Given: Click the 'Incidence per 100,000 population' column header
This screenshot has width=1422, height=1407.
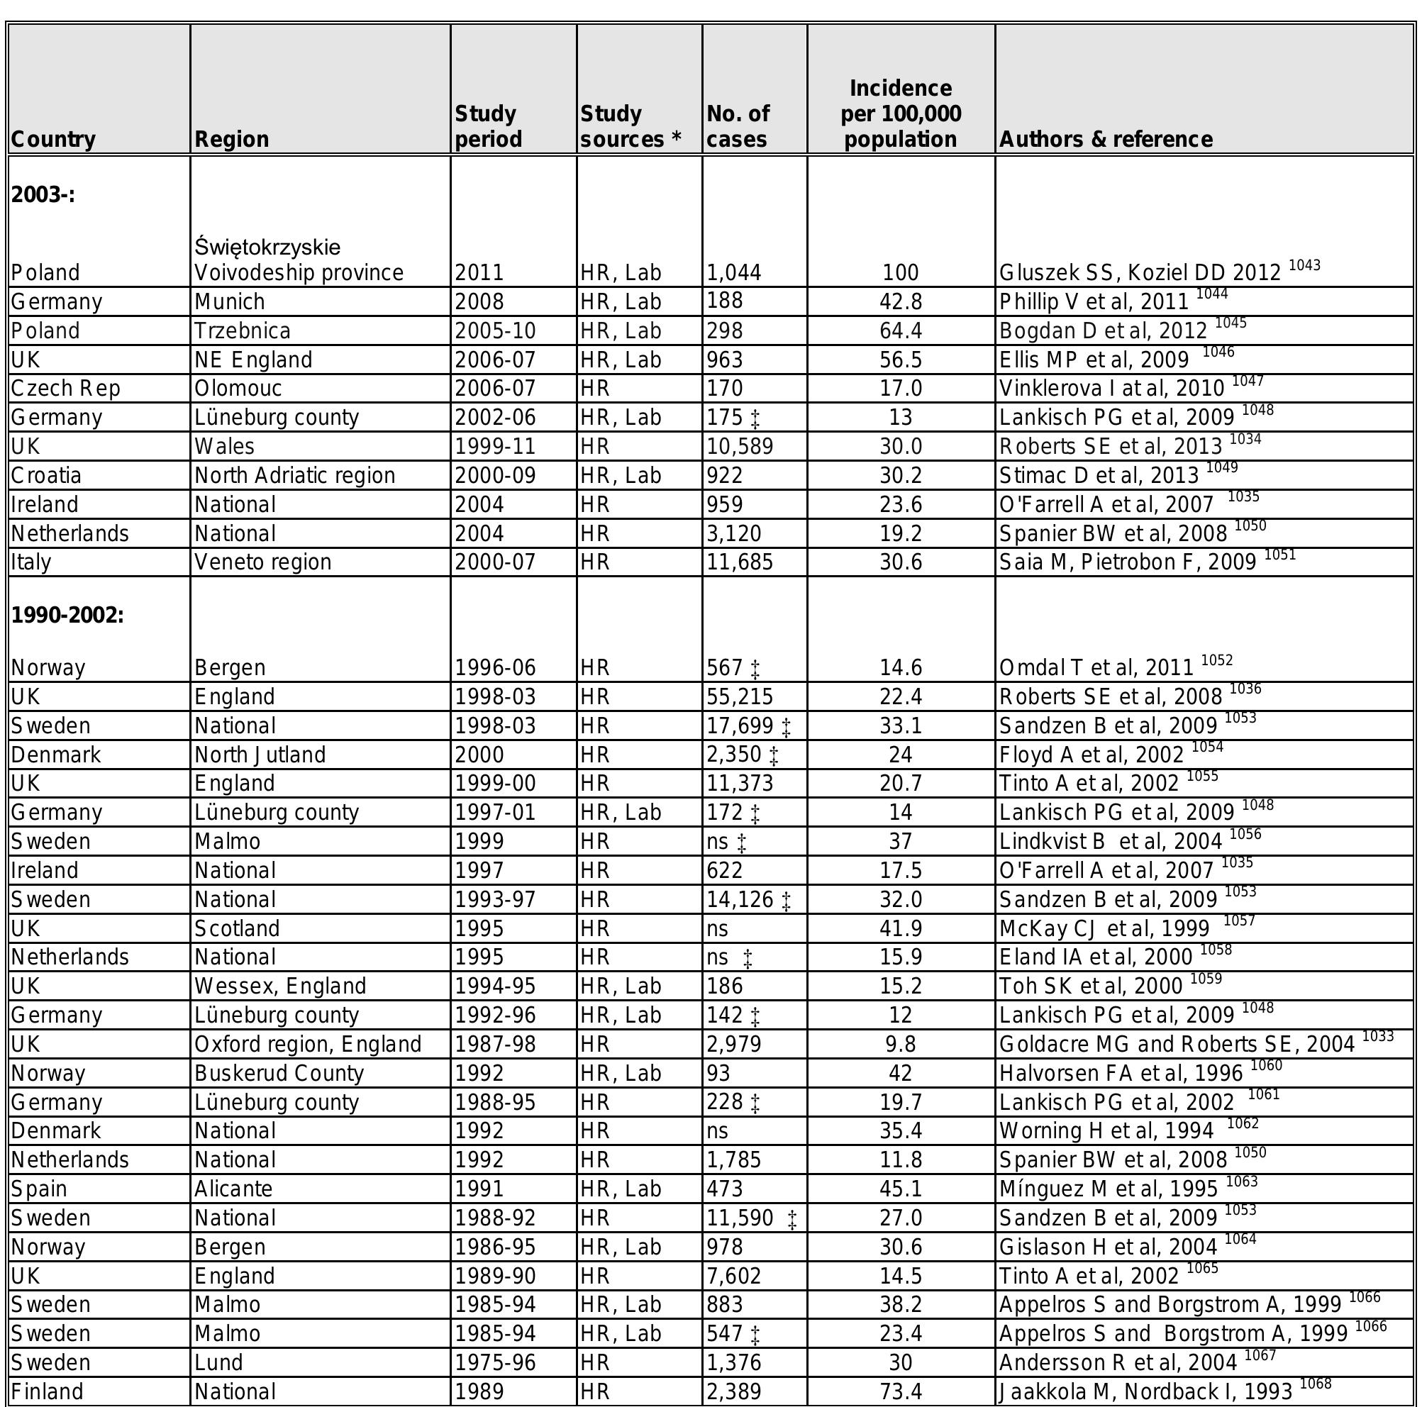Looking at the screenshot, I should point(900,113).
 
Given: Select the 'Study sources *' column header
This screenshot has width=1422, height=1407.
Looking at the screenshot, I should point(630,126).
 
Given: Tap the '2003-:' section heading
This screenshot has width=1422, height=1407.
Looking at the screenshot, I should point(43,195).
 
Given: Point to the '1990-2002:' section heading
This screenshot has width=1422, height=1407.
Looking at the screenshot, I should point(67,614).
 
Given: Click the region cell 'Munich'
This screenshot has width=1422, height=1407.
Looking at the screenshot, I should point(230,301).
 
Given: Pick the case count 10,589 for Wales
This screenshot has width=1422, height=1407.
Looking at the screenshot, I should point(740,447).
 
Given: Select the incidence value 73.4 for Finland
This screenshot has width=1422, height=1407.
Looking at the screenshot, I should point(900,1391).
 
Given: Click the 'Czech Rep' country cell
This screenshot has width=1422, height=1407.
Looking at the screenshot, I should point(65,389).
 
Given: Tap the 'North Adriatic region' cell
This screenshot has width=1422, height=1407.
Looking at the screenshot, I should point(294,475).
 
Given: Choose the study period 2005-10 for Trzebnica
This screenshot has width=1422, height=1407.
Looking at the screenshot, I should point(494,331).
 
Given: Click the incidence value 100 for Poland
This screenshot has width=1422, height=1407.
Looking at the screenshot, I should point(900,273).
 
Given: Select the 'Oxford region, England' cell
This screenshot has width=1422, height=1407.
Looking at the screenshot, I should point(308,1044).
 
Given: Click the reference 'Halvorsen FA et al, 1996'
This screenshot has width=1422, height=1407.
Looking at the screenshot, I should point(1121,1074).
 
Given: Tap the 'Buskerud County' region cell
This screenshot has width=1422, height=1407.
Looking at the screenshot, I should point(279,1074).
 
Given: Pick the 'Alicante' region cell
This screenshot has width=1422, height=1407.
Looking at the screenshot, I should point(233,1189).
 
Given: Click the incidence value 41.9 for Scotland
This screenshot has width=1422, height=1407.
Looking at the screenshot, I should point(900,929).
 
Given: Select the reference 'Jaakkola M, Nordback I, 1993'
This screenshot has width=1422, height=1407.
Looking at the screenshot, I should point(1145,1391).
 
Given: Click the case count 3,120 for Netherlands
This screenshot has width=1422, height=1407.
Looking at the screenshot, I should point(734,533).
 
